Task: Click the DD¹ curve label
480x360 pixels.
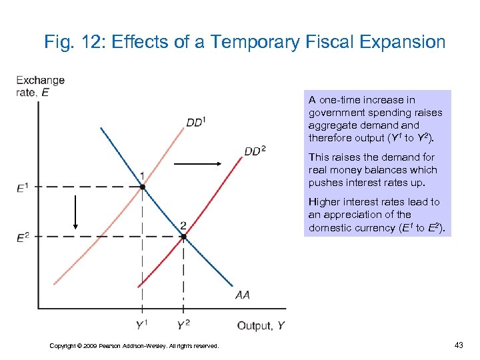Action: pyautogui.click(x=196, y=122)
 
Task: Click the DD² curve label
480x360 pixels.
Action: pyautogui.click(x=255, y=151)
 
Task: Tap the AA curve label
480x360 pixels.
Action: pyautogui.click(x=243, y=294)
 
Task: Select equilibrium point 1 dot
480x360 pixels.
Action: pyautogui.click(x=142, y=187)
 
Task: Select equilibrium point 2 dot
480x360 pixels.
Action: pyautogui.click(x=183, y=237)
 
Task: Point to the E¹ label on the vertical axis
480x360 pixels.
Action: pyautogui.click(x=23, y=187)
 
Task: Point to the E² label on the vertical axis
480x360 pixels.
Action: pyautogui.click(x=23, y=237)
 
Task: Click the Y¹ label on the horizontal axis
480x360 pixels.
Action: pyautogui.click(x=142, y=325)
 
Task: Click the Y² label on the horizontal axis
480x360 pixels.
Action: pyautogui.click(x=183, y=325)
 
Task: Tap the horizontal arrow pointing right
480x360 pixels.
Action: pyautogui.click(x=202, y=163)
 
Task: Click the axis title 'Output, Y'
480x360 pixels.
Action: pyautogui.click(x=261, y=325)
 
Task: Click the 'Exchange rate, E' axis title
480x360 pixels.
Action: pyautogui.click(x=40, y=86)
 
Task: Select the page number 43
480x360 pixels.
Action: pyautogui.click(x=458, y=345)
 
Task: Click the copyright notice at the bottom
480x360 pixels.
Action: pyautogui.click(x=134, y=345)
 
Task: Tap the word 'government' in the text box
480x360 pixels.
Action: pyautogui.click(x=336, y=113)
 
